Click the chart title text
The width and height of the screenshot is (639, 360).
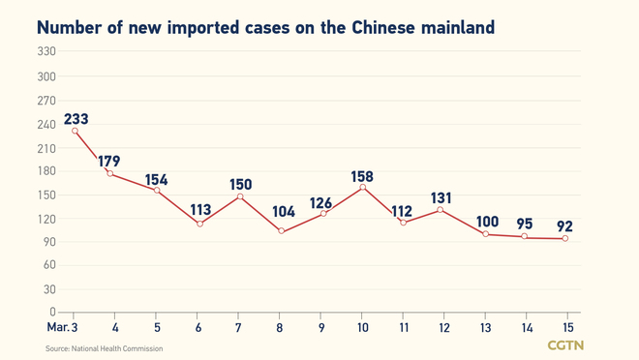[265, 27]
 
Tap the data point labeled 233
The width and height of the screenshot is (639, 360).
[75, 131]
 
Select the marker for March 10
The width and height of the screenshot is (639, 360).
[363, 187]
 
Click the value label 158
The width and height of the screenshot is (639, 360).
[361, 176]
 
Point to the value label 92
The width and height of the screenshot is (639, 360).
[564, 226]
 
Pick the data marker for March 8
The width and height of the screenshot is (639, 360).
[281, 231]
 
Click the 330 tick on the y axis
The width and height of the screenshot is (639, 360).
[46, 52]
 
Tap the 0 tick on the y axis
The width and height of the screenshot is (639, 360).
[52, 312]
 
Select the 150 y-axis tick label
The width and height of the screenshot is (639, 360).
[46, 195]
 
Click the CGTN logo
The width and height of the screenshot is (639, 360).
[565, 345]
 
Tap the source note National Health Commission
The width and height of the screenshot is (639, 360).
[104, 348]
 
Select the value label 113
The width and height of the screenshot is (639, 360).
[199, 210]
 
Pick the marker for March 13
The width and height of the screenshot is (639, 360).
[484, 234]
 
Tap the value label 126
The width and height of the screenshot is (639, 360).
[320, 203]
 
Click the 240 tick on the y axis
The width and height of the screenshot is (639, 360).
[46, 124]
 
